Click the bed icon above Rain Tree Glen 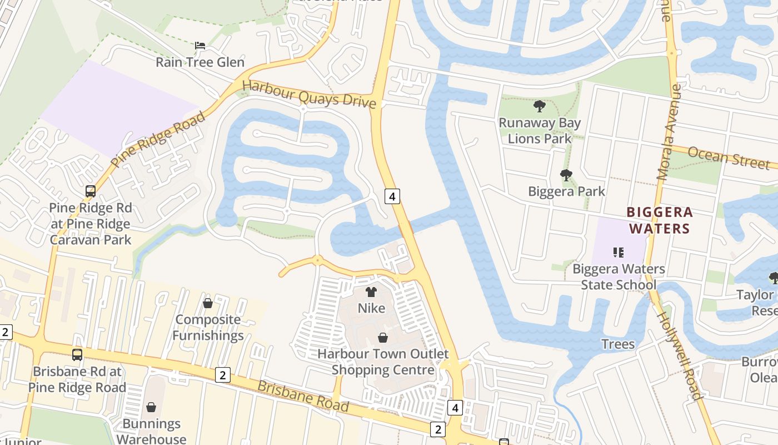200,45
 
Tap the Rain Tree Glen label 200,62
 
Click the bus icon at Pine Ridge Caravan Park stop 91,191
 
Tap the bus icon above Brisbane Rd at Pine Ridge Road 77,354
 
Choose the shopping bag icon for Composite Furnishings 208,303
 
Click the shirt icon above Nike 371,292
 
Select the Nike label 371,308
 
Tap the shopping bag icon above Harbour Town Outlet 383,338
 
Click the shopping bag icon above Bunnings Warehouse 151,407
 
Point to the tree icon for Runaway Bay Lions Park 539,106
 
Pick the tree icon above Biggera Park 566,176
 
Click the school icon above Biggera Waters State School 619,253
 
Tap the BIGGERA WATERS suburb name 660,220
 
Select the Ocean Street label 729,157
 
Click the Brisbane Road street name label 303,395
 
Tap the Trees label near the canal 618,344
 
